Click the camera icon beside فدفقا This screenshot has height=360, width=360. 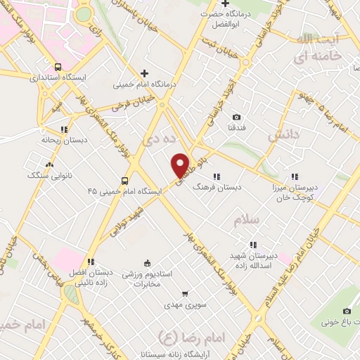[x=236, y=117]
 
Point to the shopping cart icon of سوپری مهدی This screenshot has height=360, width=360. [x=185, y=294]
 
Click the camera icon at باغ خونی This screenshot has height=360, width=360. [x=346, y=311]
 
